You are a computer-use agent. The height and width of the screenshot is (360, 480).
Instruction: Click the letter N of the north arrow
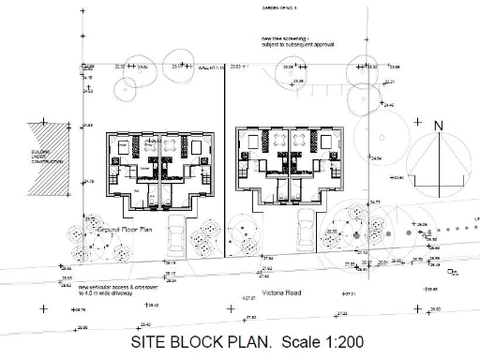(438, 125)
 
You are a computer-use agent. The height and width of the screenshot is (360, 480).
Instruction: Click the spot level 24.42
(388, 105)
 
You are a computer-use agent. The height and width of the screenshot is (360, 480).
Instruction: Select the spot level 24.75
(375, 202)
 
